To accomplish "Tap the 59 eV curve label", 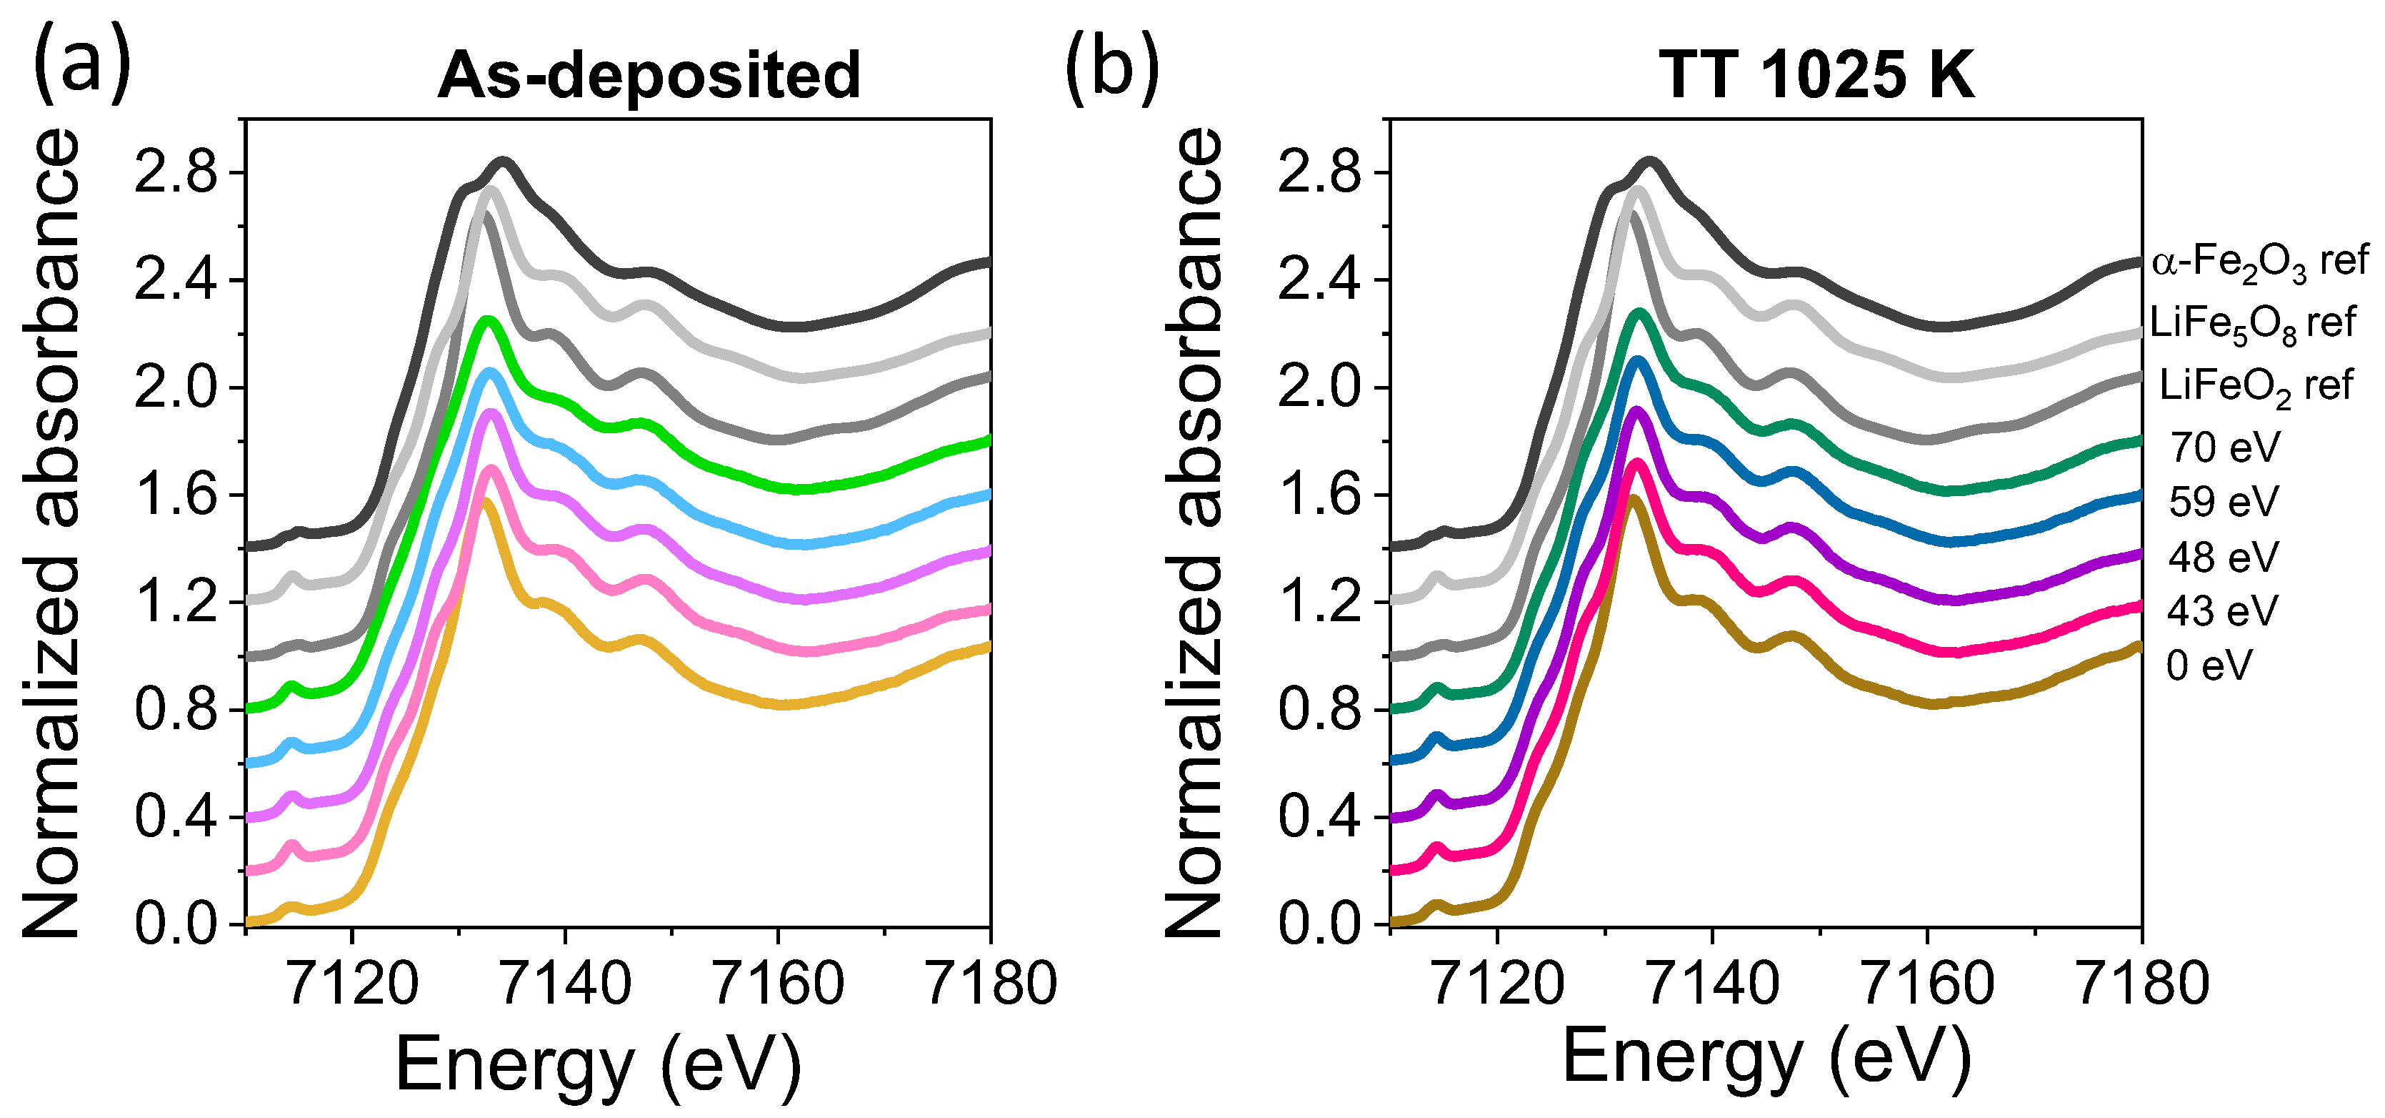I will point(2223,502).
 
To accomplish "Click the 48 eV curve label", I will point(2223,558).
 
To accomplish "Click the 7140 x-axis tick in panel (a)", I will point(565,984).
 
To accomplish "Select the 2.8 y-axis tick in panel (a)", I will point(176,173).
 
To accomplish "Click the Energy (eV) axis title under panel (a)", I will point(598,1065).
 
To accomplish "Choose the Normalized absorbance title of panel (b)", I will point(1194,533).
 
